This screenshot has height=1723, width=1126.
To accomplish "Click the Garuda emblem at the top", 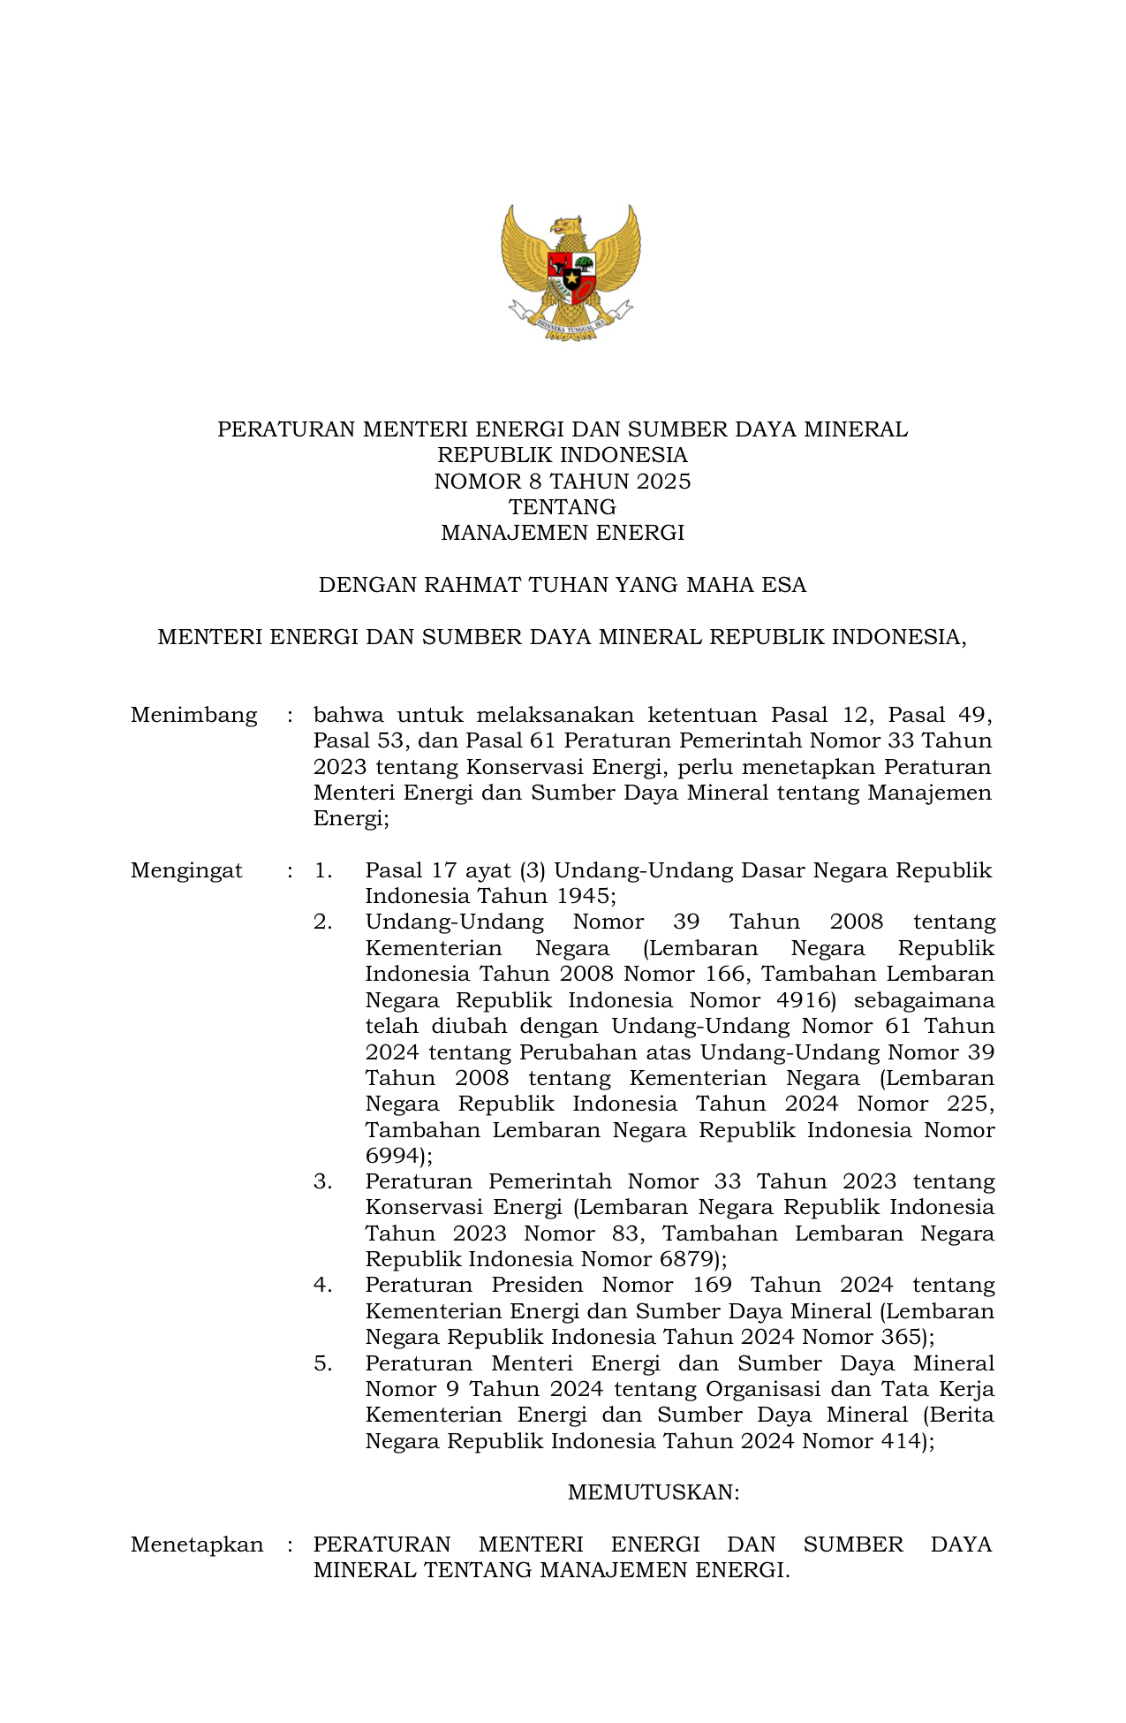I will coord(571,271).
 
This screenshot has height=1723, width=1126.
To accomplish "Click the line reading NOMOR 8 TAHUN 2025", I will coord(563,482).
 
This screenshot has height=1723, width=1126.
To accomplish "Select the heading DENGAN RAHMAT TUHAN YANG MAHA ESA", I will coord(563,585).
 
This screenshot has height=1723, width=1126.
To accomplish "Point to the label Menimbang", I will coord(194,715).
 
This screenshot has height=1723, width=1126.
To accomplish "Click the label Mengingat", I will coord(186,870).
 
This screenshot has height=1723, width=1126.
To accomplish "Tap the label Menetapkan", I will coord(197,1545).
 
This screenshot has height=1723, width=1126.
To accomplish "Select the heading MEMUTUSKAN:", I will coord(654,1492).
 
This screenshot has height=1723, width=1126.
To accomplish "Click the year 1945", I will coord(583,896).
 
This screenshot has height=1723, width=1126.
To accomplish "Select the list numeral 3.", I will coord(322,1181).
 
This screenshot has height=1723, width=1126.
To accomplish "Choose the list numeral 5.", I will coord(322,1363).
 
